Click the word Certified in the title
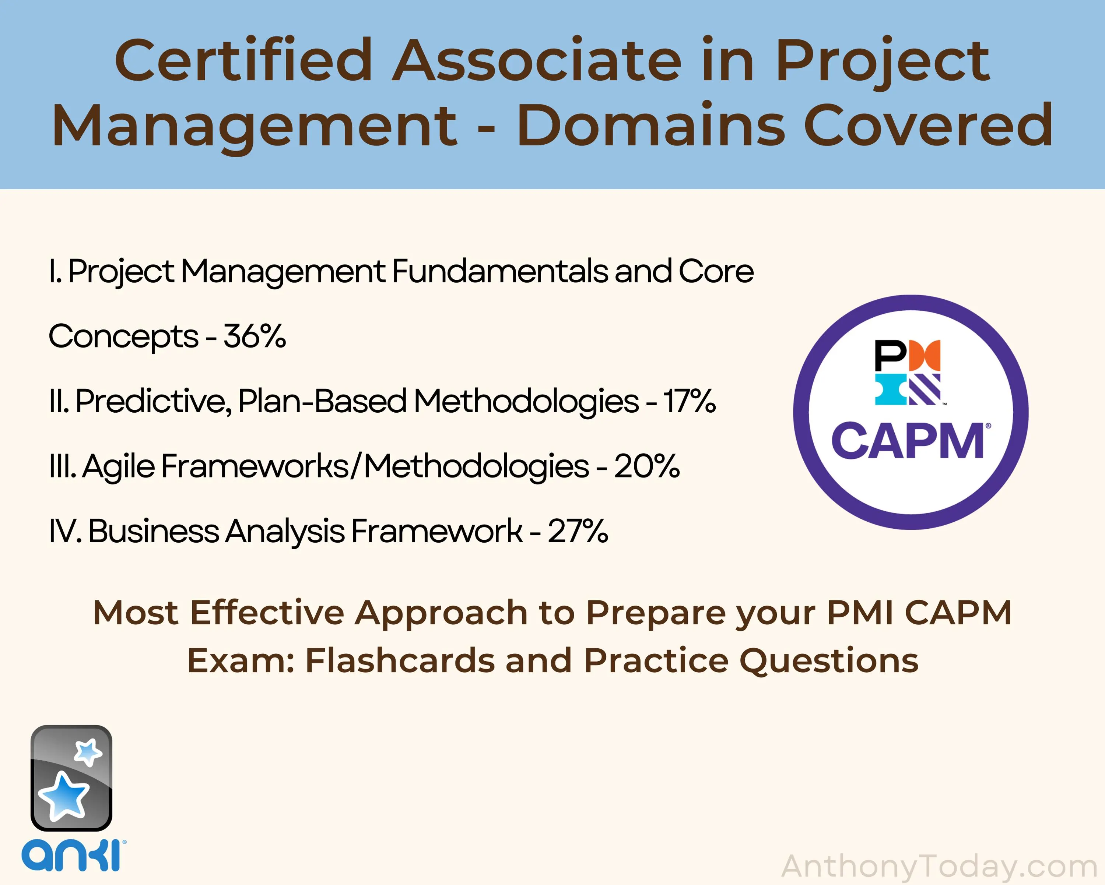pyautogui.click(x=243, y=60)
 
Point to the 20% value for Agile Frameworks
pyautogui.click(x=647, y=466)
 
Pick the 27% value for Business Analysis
pyautogui.click(x=578, y=531)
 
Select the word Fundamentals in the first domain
pyautogui.click(x=500, y=271)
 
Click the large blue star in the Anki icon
pyautogui.click(x=64, y=796)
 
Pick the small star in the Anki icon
pyautogui.click(x=88, y=751)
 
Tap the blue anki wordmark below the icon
pyautogui.click(x=71, y=855)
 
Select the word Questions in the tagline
pyautogui.click(x=828, y=661)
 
